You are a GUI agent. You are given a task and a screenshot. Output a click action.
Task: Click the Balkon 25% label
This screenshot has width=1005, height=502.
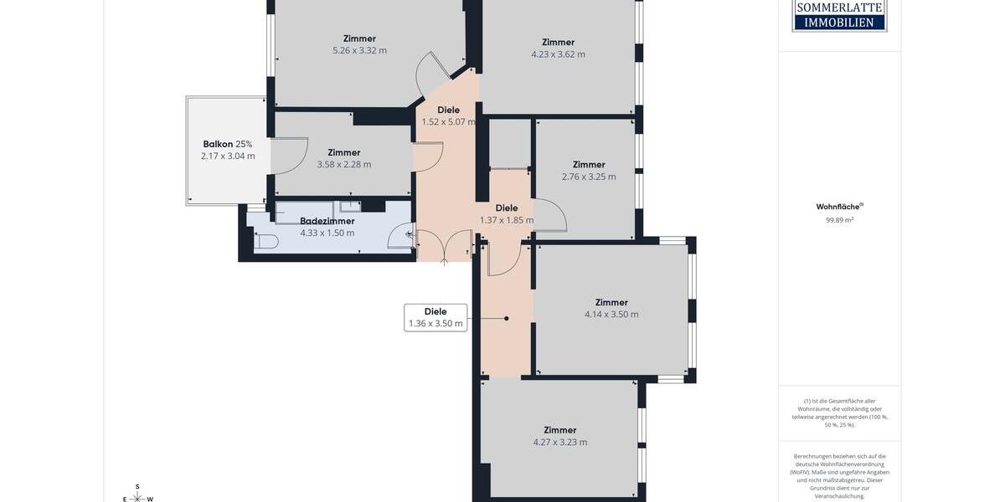pos(227,144)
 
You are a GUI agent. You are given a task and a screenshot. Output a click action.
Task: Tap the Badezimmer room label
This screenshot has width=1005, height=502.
pos(327,221)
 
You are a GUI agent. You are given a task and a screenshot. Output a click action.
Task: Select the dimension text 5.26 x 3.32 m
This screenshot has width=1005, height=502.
pos(359,50)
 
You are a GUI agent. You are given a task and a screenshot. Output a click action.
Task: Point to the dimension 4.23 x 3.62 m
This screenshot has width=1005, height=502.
pos(558,54)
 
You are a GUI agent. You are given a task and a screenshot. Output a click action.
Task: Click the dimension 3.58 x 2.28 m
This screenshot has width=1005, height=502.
pos(343,165)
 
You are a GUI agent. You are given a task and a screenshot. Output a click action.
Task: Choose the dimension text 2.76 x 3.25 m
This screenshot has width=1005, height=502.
pos(589,177)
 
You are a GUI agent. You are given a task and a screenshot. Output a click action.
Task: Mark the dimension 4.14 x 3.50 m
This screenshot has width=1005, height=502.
pos(611,315)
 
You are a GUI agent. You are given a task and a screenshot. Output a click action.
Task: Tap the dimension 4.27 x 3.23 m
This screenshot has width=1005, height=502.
pos(559,443)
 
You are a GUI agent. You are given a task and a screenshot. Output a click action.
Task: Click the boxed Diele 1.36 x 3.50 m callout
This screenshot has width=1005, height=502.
pos(435,318)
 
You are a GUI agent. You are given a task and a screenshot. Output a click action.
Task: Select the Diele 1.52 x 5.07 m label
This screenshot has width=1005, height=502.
pos(448,115)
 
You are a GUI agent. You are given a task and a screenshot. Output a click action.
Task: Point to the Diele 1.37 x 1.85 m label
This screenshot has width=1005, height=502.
pos(506,214)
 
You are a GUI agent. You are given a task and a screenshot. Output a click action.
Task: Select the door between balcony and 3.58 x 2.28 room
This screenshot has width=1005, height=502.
pos(289,156)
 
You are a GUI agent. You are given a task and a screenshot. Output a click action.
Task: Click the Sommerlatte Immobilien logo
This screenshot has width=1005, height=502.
pos(839,15)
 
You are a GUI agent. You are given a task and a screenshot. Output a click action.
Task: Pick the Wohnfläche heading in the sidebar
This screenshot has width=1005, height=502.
pos(839,207)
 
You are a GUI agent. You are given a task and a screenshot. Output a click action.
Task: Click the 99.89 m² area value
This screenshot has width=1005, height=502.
pos(839,221)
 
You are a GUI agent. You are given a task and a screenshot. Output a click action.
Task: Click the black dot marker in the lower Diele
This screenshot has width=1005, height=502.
pos(507,318)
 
